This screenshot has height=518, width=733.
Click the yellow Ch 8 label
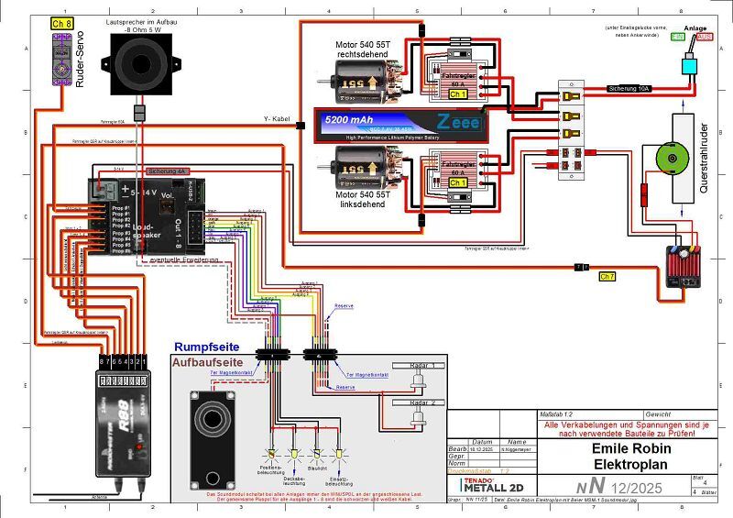[x=60, y=22]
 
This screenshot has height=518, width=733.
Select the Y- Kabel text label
[x=278, y=119]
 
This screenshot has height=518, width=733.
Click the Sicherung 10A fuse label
[x=629, y=89]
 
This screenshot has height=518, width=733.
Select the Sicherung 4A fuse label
[x=168, y=171]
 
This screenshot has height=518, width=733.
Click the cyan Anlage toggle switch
[x=688, y=65]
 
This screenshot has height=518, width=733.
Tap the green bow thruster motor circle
[x=669, y=159]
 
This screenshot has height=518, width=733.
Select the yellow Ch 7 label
[x=607, y=275]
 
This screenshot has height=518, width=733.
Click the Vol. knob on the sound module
[x=168, y=208]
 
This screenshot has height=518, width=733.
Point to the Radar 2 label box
[x=420, y=402]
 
